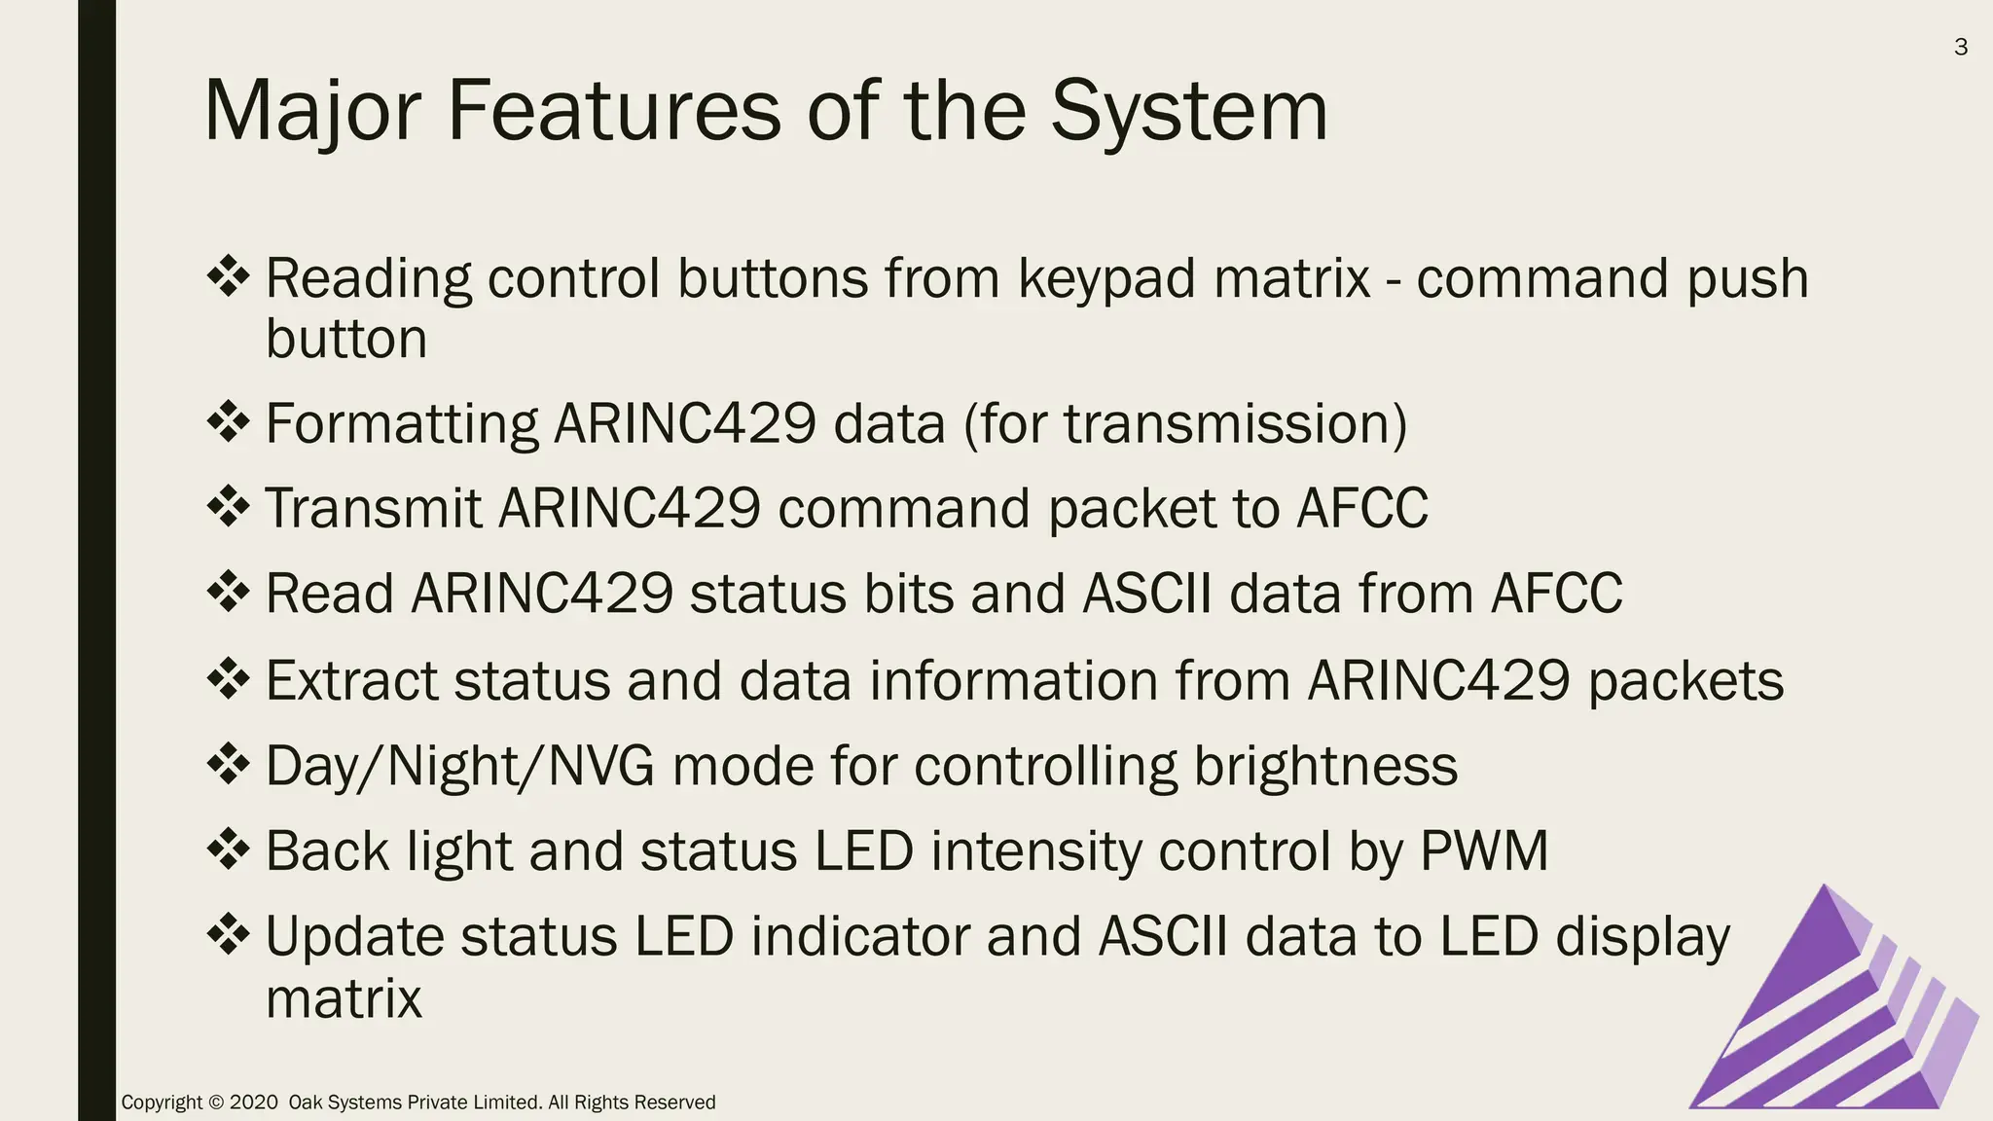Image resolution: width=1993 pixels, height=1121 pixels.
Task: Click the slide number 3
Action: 1960,47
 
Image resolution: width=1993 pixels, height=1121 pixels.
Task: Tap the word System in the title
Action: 1188,112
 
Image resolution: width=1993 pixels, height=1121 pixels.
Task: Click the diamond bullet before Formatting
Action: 229,422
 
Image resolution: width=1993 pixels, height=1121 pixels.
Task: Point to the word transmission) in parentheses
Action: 1235,424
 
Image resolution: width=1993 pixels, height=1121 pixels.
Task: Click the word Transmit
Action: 374,508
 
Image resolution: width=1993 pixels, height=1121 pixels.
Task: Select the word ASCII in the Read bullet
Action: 1147,594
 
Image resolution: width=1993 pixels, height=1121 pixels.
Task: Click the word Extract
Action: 351,680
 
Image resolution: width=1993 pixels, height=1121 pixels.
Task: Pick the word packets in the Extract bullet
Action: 1685,680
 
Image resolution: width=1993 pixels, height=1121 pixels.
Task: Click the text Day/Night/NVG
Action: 459,766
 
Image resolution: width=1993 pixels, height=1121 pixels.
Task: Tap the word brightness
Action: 1325,766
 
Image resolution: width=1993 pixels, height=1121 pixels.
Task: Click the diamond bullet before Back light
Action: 229,849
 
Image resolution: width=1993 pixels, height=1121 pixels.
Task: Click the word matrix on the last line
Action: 344,998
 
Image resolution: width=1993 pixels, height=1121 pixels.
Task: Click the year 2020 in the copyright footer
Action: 254,1103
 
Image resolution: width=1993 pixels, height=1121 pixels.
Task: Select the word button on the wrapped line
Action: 346,340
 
